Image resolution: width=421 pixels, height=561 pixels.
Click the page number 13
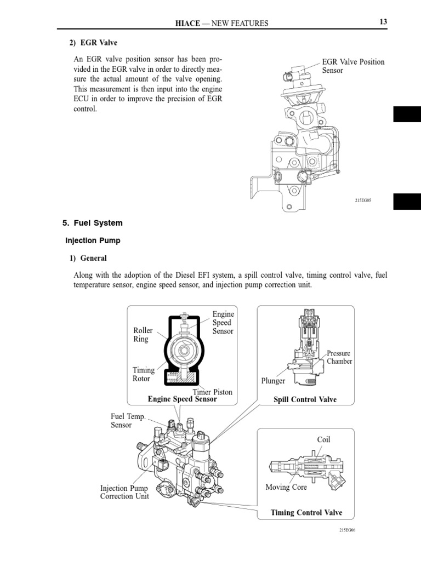(383, 22)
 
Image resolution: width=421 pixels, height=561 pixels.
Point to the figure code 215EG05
(363, 201)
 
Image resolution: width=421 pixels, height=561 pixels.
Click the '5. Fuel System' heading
(93, 223)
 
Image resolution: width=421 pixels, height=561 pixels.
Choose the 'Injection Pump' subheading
(93, 241)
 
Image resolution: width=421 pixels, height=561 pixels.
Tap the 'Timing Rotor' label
(144, 374)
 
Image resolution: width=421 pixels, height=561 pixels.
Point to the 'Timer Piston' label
(212, 392)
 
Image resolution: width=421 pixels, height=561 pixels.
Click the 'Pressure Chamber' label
(339, 357)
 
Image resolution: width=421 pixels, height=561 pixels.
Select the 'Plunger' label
(274, 381)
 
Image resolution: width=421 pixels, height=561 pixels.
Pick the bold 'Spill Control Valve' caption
(305, 400)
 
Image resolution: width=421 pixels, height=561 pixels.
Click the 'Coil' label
(323, 439)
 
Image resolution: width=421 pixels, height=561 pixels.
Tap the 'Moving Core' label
(286, 487)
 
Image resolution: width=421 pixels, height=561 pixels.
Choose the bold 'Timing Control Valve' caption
(306, 513)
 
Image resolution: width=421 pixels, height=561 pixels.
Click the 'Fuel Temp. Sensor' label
(128, 421)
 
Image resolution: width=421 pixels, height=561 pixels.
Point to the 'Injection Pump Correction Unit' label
(124, 492)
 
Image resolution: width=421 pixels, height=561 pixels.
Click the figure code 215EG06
(348, 530)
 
